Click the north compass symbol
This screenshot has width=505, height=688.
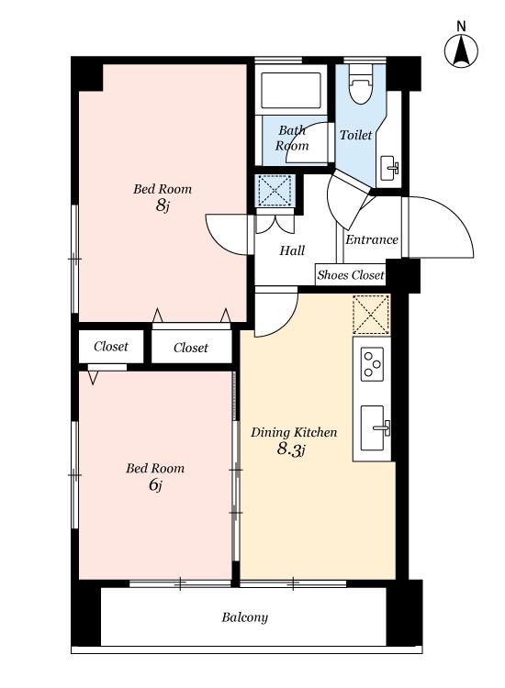click(461, 50)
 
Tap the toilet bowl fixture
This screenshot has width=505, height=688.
click(360, 84)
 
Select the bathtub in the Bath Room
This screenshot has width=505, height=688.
click(291, 90)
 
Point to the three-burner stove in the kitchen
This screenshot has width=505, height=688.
click(372, 364)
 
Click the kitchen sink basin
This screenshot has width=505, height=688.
click(374, 428)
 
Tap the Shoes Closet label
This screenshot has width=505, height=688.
click(351, 275)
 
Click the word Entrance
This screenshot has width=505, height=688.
click(372, 239)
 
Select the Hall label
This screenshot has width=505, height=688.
click(292, 250)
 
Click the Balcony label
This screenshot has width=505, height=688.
click(244, 617)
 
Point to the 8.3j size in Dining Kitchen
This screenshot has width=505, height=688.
click(291, 449)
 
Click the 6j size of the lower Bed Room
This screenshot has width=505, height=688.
click(155, 485)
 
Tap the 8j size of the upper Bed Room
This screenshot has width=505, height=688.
click(163, 205)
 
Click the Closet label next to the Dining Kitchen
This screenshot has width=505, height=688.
click(191, 348)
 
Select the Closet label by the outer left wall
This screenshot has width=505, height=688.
click(111, 347)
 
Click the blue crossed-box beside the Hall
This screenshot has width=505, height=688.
click(275, 191)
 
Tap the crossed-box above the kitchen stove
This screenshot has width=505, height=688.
click(371, 315)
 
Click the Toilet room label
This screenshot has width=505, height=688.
click(355, 135)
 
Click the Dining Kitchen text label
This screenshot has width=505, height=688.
click(294, 433)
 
